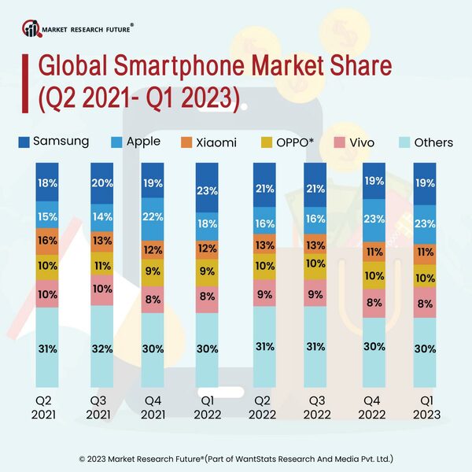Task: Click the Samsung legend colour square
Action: click(x=24, y=142)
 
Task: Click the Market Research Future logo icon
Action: click(x=31, y=29)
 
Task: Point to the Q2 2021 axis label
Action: click(x=47, y=408)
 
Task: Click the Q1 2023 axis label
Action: click(x=426, y=408)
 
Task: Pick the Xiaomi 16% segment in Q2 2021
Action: click(x=47, y=241)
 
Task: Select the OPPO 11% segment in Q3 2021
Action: click(x=101, y=266)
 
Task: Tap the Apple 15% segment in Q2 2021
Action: click(x=47, y=215)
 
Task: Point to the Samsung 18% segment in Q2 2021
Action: click(x=47, y=183)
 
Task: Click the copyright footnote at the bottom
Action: click(x=236, y=457)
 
